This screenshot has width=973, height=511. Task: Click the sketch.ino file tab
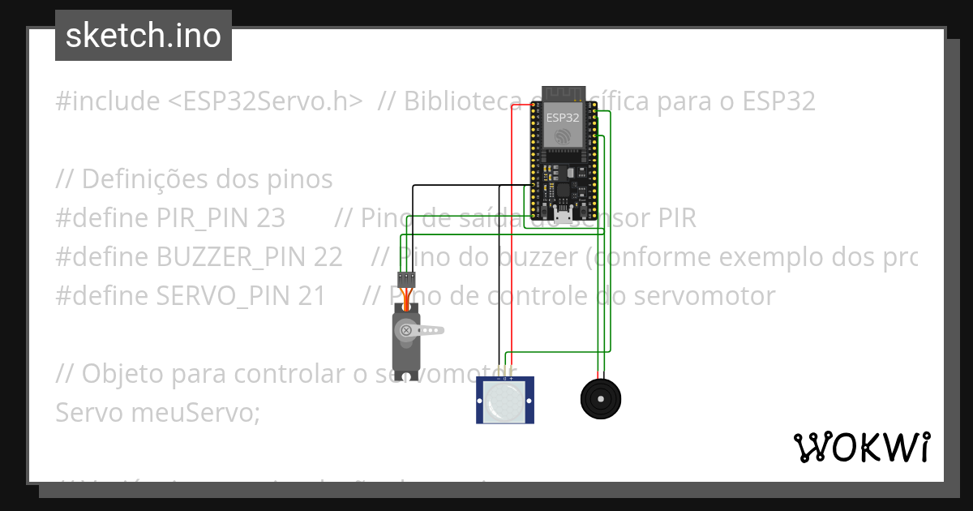point(144,36)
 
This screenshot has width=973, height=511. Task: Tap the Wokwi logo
point(861,447)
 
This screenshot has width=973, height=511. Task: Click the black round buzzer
point(601,399)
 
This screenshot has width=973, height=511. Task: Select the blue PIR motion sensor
point(505,400)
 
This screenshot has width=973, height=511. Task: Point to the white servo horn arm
point(425,330)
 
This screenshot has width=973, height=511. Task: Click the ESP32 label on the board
point(563,117)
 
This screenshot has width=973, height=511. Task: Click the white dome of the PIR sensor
point(504,402)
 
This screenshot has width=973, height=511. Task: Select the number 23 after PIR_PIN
point(270,218)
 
